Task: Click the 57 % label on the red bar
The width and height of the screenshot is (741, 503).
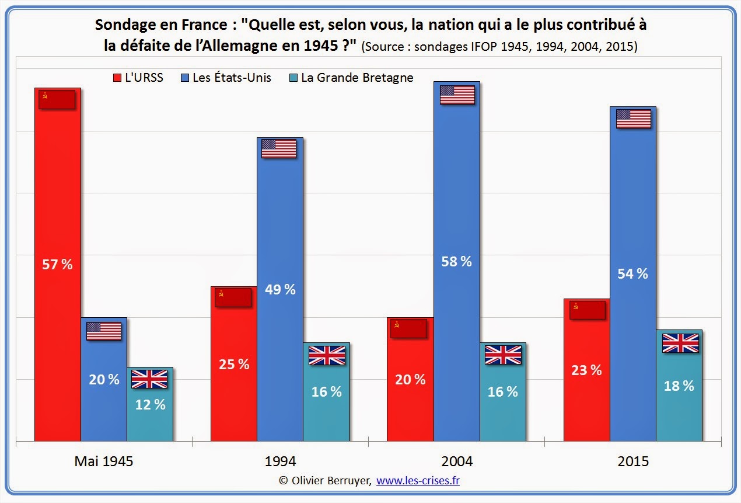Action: pos(57,264)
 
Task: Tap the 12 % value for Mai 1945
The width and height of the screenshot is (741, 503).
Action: pos(151,404)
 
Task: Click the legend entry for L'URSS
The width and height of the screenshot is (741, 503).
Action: pos(137,77)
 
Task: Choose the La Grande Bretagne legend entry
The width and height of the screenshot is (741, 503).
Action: pos(351,77)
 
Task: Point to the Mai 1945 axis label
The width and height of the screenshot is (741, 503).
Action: pos(104,461)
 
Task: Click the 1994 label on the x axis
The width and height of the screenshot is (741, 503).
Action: pos(280,461)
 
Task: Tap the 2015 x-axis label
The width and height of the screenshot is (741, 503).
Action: pos(632,461)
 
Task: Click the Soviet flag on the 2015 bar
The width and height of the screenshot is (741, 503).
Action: pos(587,310)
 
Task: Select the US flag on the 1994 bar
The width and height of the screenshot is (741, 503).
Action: pos(279,148)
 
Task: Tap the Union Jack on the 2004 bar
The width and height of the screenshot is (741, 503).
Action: pos(503,355)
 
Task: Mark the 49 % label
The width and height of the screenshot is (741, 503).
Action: pos(279,289)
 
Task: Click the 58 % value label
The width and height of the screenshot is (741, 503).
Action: pos(456,261)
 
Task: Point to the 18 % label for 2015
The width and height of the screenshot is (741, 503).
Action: pos(679,386)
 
